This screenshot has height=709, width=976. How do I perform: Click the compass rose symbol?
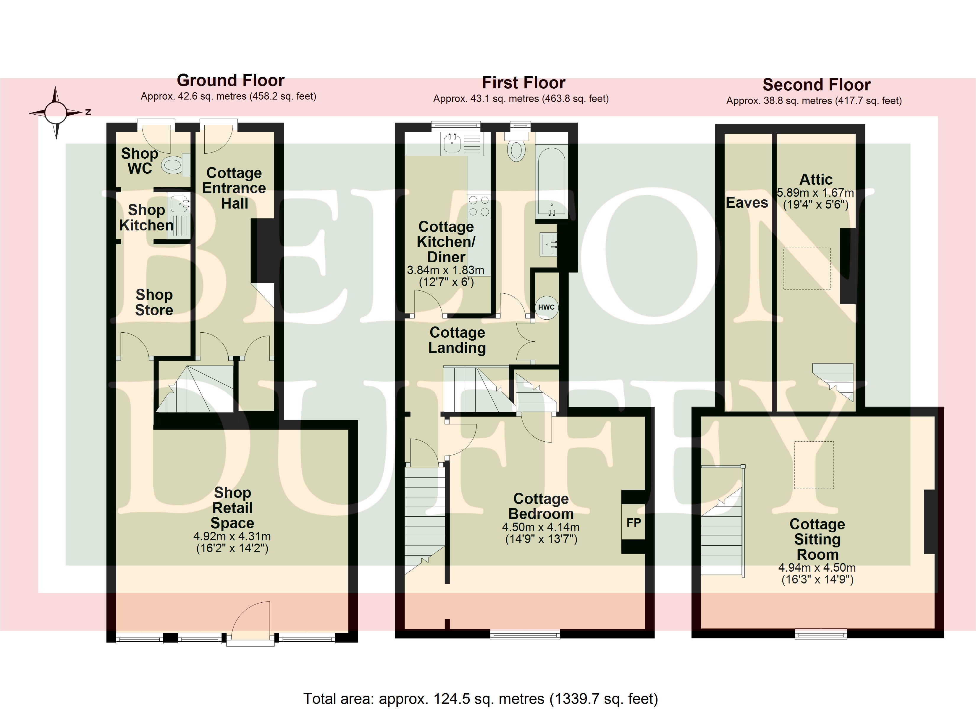56,113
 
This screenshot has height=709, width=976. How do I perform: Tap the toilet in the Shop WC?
177,165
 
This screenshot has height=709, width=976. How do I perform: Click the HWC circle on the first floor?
547,307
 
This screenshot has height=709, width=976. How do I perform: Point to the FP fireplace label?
634,522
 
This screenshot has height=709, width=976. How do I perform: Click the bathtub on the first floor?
551,182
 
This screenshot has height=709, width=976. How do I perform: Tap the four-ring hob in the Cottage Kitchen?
479,206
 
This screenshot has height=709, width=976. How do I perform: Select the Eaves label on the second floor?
746,203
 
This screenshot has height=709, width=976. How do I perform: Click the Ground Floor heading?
231,80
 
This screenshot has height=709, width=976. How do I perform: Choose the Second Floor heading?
816,85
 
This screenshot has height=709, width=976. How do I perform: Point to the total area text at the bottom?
481,699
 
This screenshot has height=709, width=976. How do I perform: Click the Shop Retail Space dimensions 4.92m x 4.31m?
232,536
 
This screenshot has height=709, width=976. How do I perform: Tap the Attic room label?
816,179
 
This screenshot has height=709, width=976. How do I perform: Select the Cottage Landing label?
457,340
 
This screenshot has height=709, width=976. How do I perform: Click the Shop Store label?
154,302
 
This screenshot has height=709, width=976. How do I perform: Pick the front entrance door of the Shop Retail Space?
251,623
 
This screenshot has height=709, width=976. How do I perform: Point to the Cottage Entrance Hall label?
234,188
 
